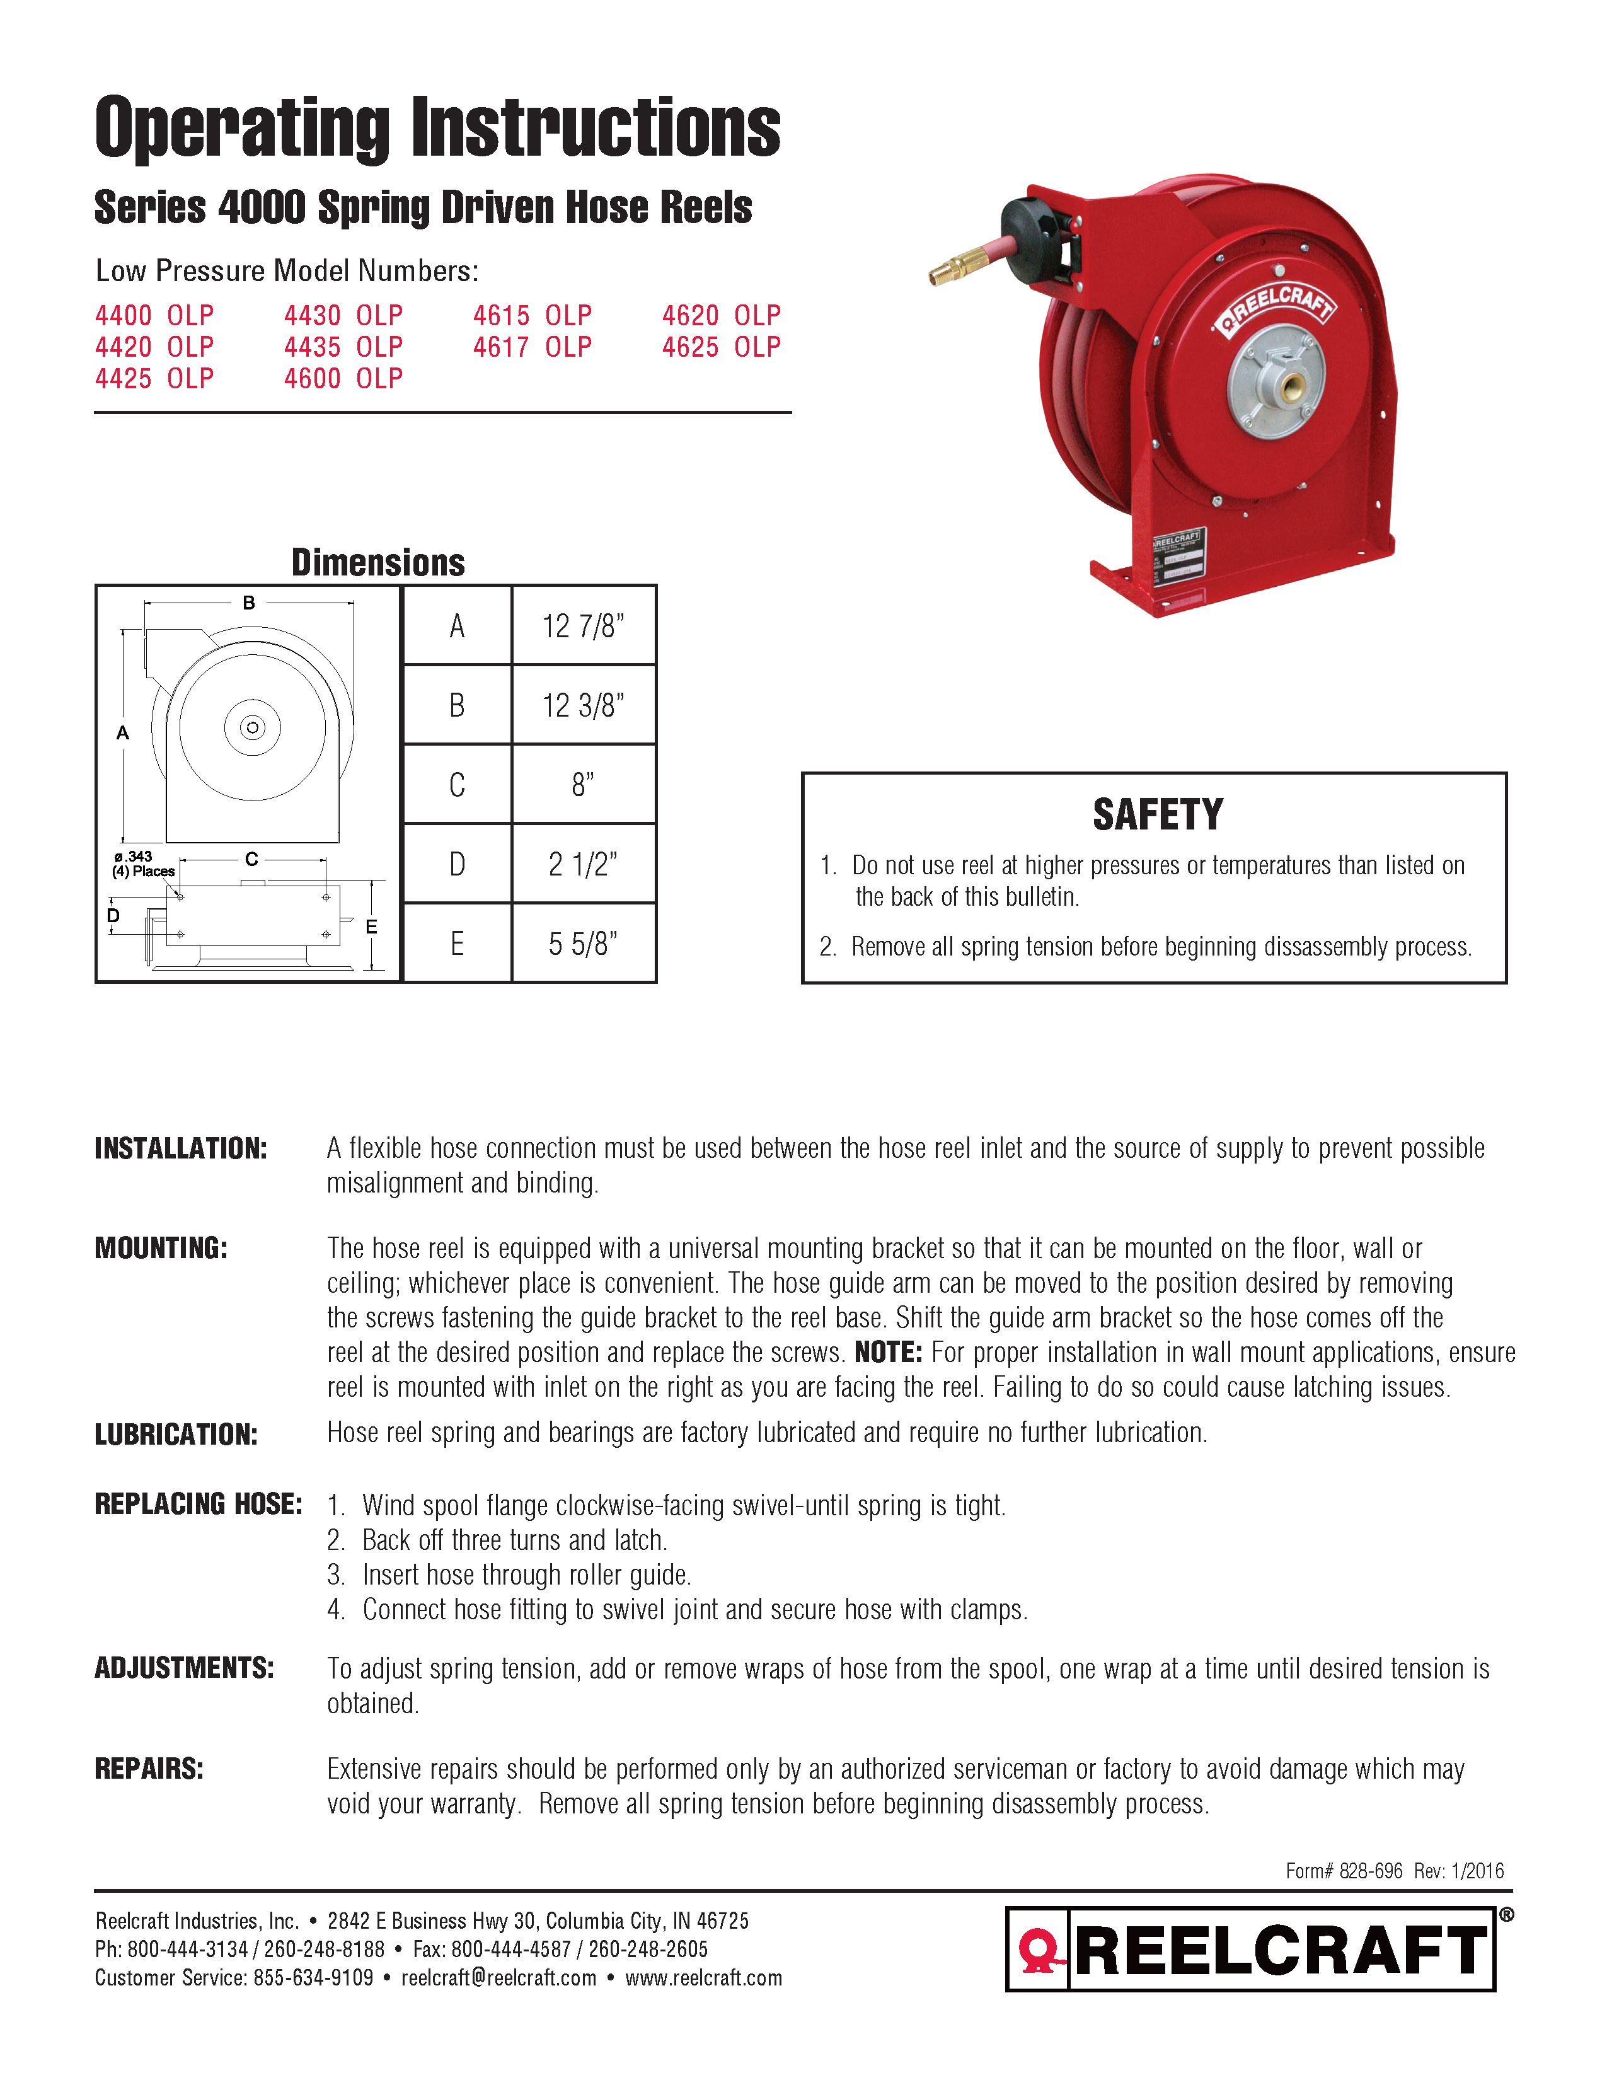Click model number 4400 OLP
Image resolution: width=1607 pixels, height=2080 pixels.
click(x=154, y=315)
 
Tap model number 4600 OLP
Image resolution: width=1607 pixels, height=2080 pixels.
click(x=343, y=378)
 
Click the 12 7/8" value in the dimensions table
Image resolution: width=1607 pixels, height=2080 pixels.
click(x=583, y=626)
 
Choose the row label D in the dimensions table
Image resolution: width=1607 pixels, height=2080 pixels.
click(x=457, y=865)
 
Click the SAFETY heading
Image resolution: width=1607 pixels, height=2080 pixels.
click(x=1156, y=814)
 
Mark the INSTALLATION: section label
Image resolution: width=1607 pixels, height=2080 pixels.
click(x=181, y=1148)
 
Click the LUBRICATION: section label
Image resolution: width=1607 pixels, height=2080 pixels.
click(x=176, y=1435)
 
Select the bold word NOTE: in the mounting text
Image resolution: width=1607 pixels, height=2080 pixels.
click(x=887, y=1353)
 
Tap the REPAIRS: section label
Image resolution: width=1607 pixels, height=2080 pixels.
click(x=149, y=1769)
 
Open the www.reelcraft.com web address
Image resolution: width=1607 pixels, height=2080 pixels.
click(x=703, y=1978)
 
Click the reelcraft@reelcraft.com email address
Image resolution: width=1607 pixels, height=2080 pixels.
click(x=499, y=1978)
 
